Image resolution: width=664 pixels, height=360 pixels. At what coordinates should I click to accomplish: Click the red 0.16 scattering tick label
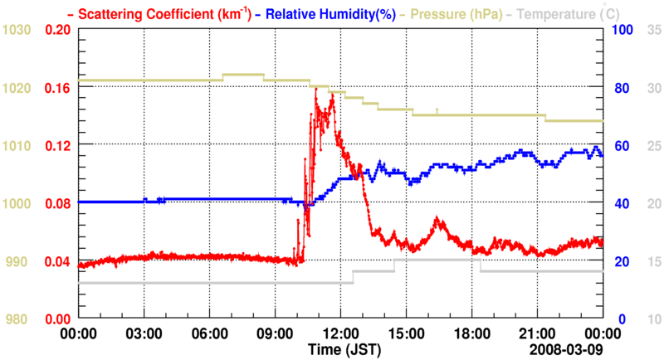click(x=58, y=87)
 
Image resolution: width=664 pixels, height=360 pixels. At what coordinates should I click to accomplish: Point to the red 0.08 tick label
click(x=58, y=203)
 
